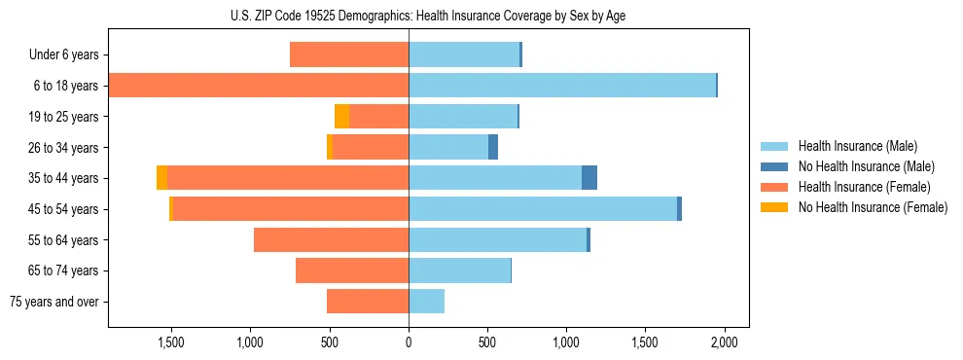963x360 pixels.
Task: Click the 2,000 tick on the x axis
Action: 724,342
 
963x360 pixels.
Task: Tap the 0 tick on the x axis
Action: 409,342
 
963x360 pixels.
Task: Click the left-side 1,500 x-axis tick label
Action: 170,342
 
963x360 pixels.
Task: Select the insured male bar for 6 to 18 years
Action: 562,86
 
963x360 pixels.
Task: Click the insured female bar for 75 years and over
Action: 368,302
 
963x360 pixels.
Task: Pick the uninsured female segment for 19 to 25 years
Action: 341,117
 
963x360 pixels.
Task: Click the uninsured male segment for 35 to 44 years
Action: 589,178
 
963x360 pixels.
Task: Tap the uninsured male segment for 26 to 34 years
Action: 493,147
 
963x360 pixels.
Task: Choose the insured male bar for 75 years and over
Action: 426,302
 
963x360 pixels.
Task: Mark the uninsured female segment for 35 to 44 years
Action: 161,178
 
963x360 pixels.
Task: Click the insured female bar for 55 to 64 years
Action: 331,240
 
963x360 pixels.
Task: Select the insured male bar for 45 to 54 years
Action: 543,209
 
